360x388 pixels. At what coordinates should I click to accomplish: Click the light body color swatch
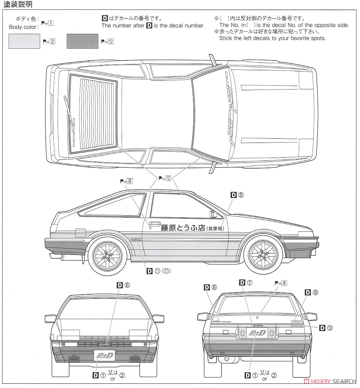pos(24,41)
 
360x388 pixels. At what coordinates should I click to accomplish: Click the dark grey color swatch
pos(82,41)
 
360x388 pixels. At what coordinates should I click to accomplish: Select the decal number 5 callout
pos(237,195)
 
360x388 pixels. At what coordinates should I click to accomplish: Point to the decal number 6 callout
pos(123,285)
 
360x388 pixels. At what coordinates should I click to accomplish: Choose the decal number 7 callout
pos(246,283)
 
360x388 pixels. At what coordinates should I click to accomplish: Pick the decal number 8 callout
pos(211,288)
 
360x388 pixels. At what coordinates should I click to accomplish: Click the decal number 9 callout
pos(311,292)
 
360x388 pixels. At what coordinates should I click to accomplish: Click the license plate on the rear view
pos(253,332)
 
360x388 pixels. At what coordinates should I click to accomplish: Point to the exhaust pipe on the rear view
pos(226,359)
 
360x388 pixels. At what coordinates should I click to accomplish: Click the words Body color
pos(24,27)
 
